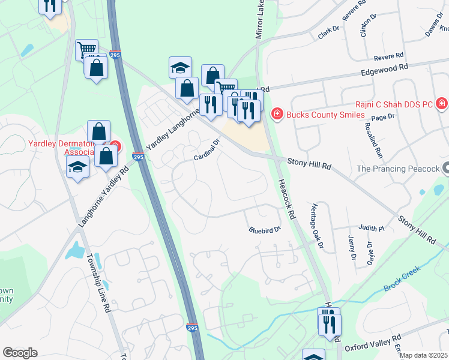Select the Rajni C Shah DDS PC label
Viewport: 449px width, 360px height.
tap(393, 104)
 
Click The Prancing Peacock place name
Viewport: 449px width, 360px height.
tap(398, 169)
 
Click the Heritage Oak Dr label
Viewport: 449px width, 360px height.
tap(317, 226)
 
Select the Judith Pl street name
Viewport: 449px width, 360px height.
tap(371, 228)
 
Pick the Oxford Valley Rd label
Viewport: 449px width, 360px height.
tap(373, 346)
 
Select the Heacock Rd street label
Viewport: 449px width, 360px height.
tap(285, 199)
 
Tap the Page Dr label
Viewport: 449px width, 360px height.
tap(382, 117)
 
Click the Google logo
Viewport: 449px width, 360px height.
tap(20, 353)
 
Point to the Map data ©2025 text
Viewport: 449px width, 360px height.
tap(424, 355)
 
